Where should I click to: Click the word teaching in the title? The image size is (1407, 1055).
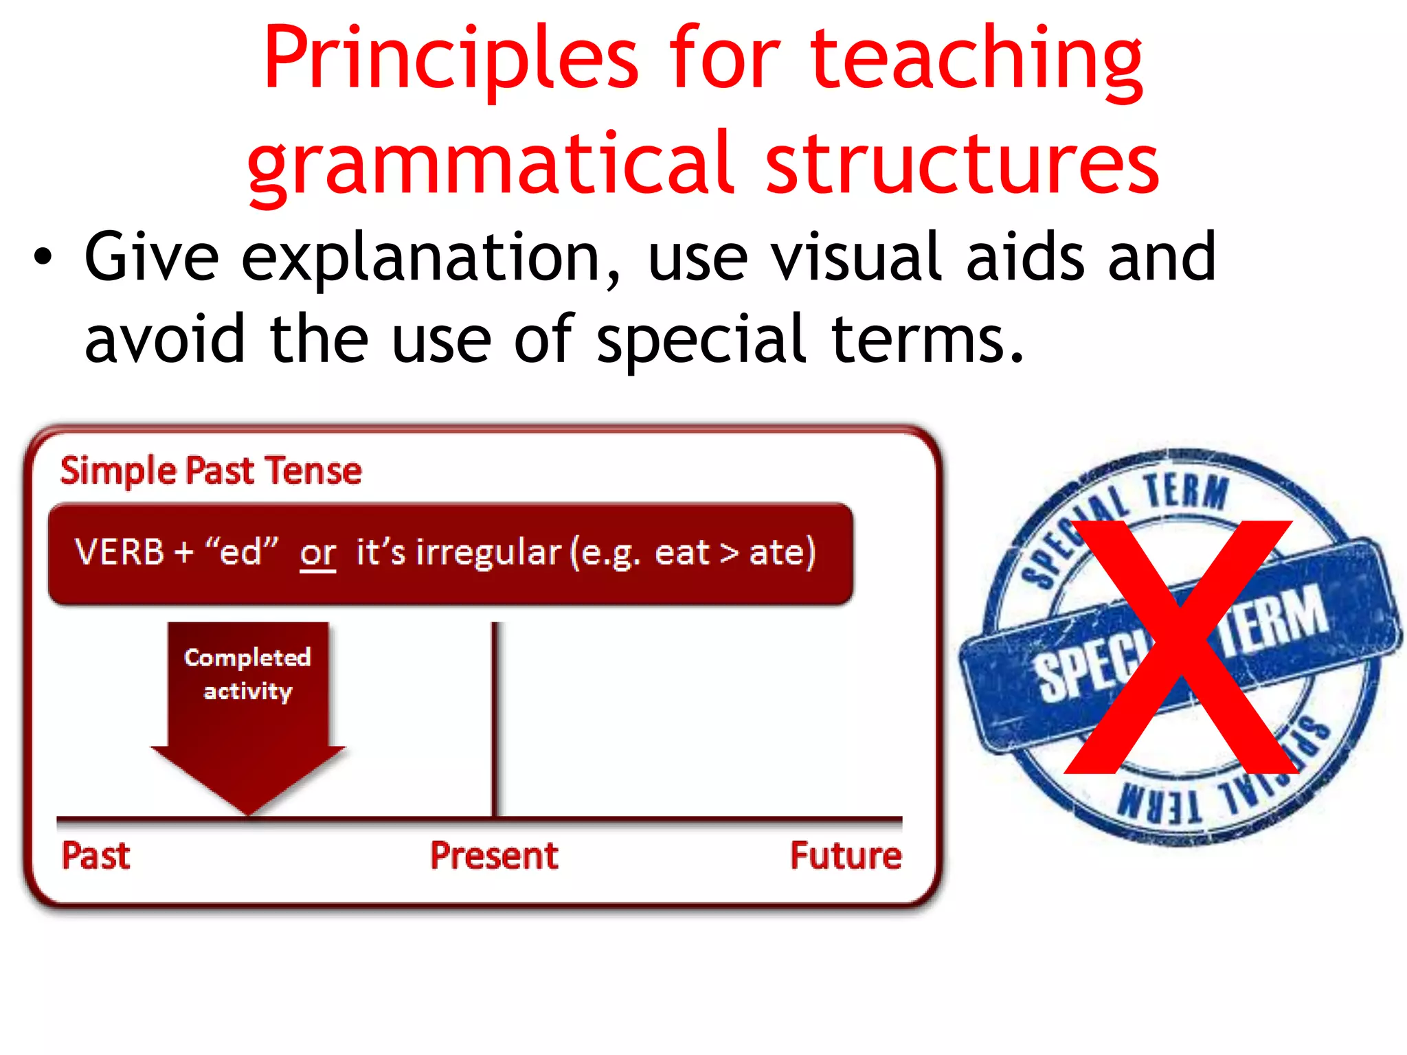pos(976,60)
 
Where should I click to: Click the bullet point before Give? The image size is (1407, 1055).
pos(43,258)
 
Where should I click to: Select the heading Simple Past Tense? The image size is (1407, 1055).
pos(211,471)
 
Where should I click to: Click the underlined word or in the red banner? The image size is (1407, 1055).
pos(317,553)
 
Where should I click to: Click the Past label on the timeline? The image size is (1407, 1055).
pos(96,856)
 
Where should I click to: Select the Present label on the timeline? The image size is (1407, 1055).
pos(494,856)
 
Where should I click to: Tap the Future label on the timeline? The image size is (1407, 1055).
pos(845,856)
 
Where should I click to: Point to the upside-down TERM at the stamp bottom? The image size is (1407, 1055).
pos(1161,804)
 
